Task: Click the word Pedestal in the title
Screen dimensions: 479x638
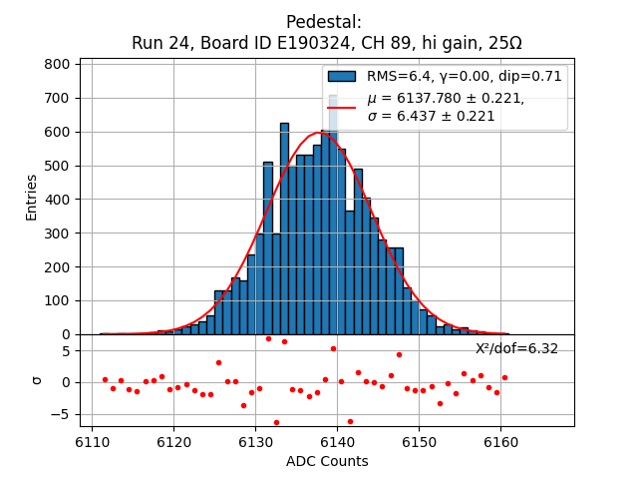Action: pyautogui.click(x=324, y=22)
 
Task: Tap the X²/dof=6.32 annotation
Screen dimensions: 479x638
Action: pyautogui.click(x=516, y=348)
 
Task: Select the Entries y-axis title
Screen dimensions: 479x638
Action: pyautogui.click(x=32, y=197)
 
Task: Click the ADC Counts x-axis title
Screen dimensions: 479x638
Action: pyautogui.click(x=327, y=461)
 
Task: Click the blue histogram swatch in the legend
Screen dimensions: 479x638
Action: pyautogui.click(x=342, y=76)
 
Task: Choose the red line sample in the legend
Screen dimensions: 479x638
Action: pyautogui.click(x=342, y=107)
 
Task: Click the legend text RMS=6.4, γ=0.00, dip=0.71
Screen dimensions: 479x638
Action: pyautogui.click(x=464, y=76)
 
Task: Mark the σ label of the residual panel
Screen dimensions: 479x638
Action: pyautogui.click(x=37, y=379)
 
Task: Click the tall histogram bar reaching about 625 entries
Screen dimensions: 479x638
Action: pyautogui.click(x=284, y=230)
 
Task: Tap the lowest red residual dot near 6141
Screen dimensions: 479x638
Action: pyautogui.click(x=349, y=421)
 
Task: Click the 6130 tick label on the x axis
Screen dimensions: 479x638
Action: pyautogui.click(x=255, y=440)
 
